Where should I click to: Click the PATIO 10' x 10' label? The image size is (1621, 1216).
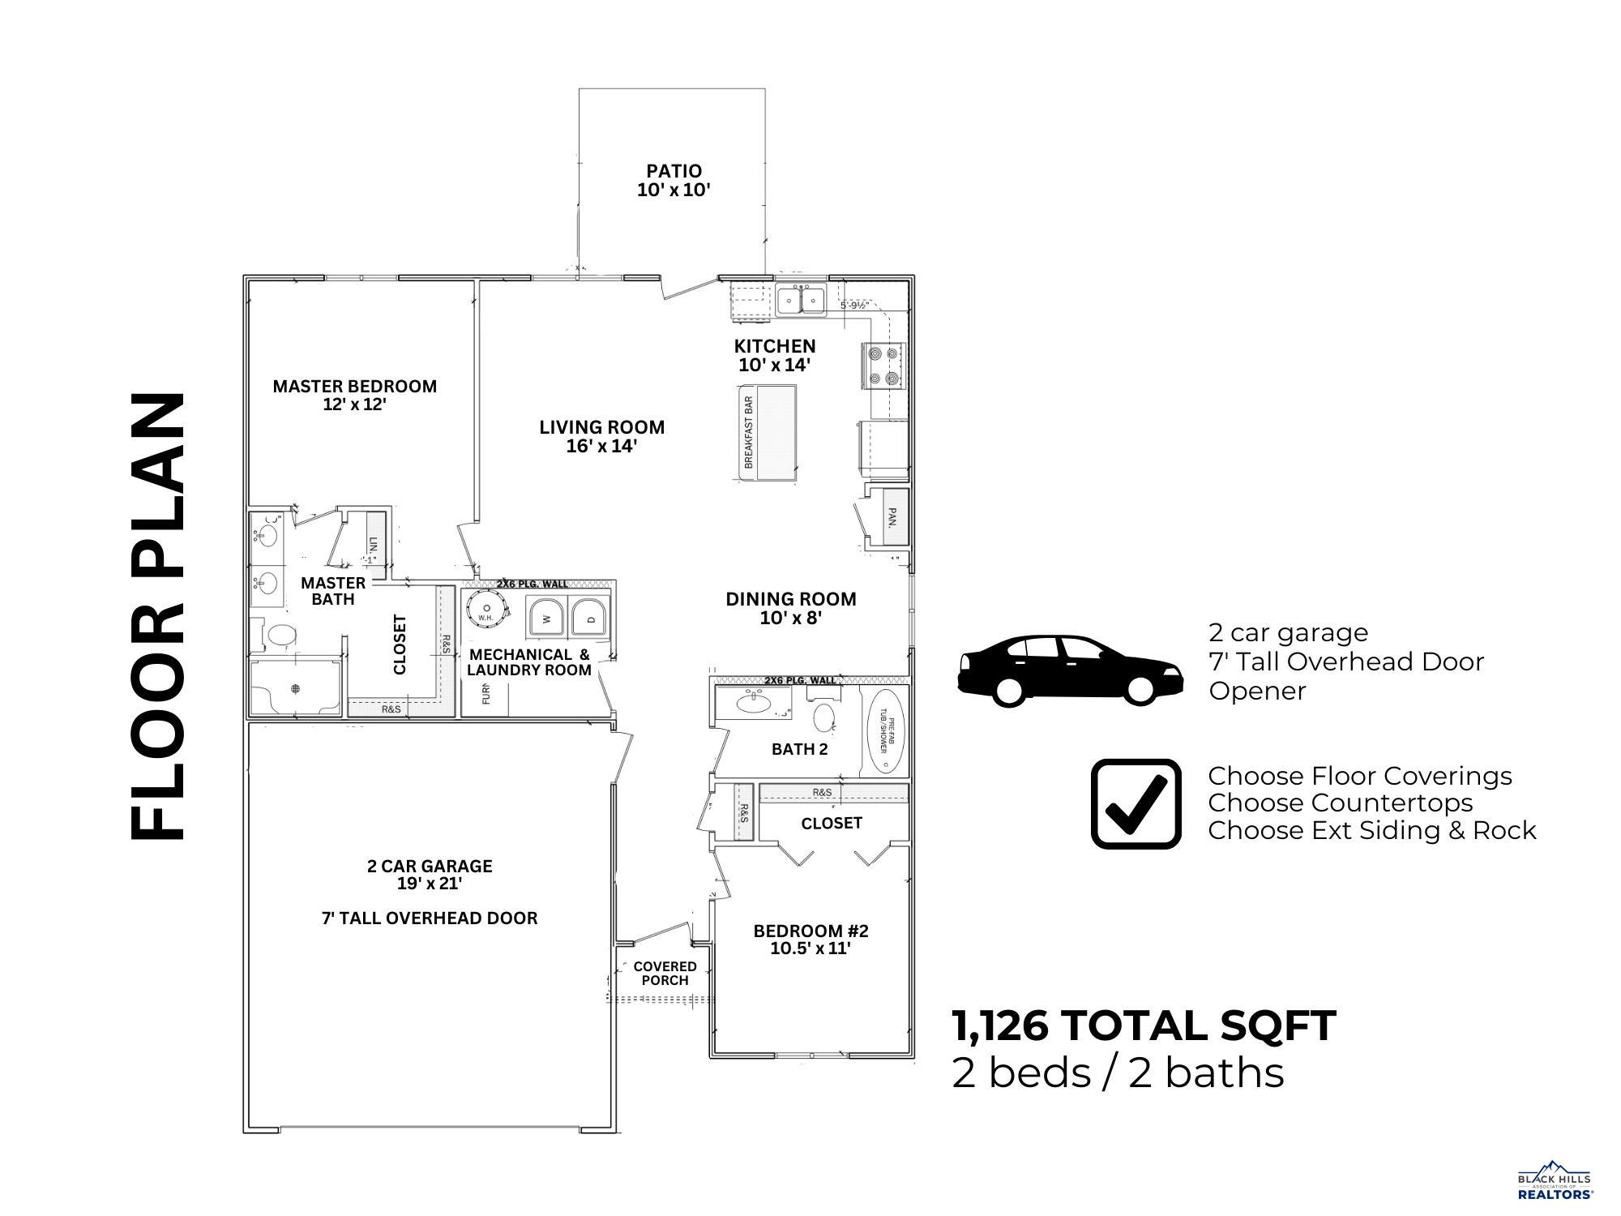674,181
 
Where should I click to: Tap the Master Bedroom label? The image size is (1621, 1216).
354,395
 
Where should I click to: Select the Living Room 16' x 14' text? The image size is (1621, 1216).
601,436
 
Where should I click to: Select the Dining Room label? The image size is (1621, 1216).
790,608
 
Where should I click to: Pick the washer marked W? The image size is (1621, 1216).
546,619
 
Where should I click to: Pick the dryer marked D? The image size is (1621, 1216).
589,619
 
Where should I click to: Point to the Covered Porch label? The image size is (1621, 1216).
665,973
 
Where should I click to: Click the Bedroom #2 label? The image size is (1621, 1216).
810,939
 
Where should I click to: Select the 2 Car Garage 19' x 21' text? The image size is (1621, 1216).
430,874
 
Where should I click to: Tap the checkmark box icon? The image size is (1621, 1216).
1136,803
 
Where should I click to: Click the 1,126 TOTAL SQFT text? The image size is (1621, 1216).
1144,1025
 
